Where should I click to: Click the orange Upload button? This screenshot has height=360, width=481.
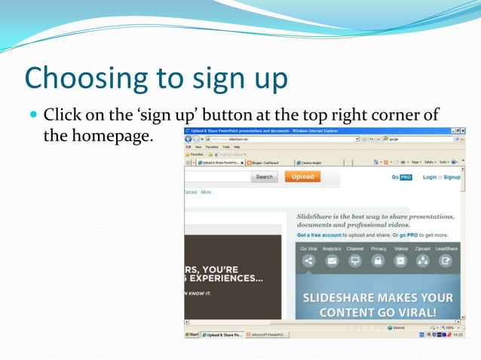pos(302,177)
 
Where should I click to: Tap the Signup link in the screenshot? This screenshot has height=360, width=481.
pos(452,177)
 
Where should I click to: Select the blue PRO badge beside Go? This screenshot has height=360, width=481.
pos(406,177)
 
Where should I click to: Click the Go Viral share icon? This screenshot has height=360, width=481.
pos(308,261)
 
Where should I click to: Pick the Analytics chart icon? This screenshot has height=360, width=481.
pos(332,261)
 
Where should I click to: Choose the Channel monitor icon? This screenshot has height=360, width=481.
pos(355,261)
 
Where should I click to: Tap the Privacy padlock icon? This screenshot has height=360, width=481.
pos(378,261)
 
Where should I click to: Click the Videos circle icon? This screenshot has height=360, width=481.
pos(400,261)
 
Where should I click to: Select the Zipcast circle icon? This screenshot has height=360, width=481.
pos(423,261)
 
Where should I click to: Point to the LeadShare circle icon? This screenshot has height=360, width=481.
pos(446,261)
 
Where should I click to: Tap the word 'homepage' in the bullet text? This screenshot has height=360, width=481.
pos(115,137)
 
